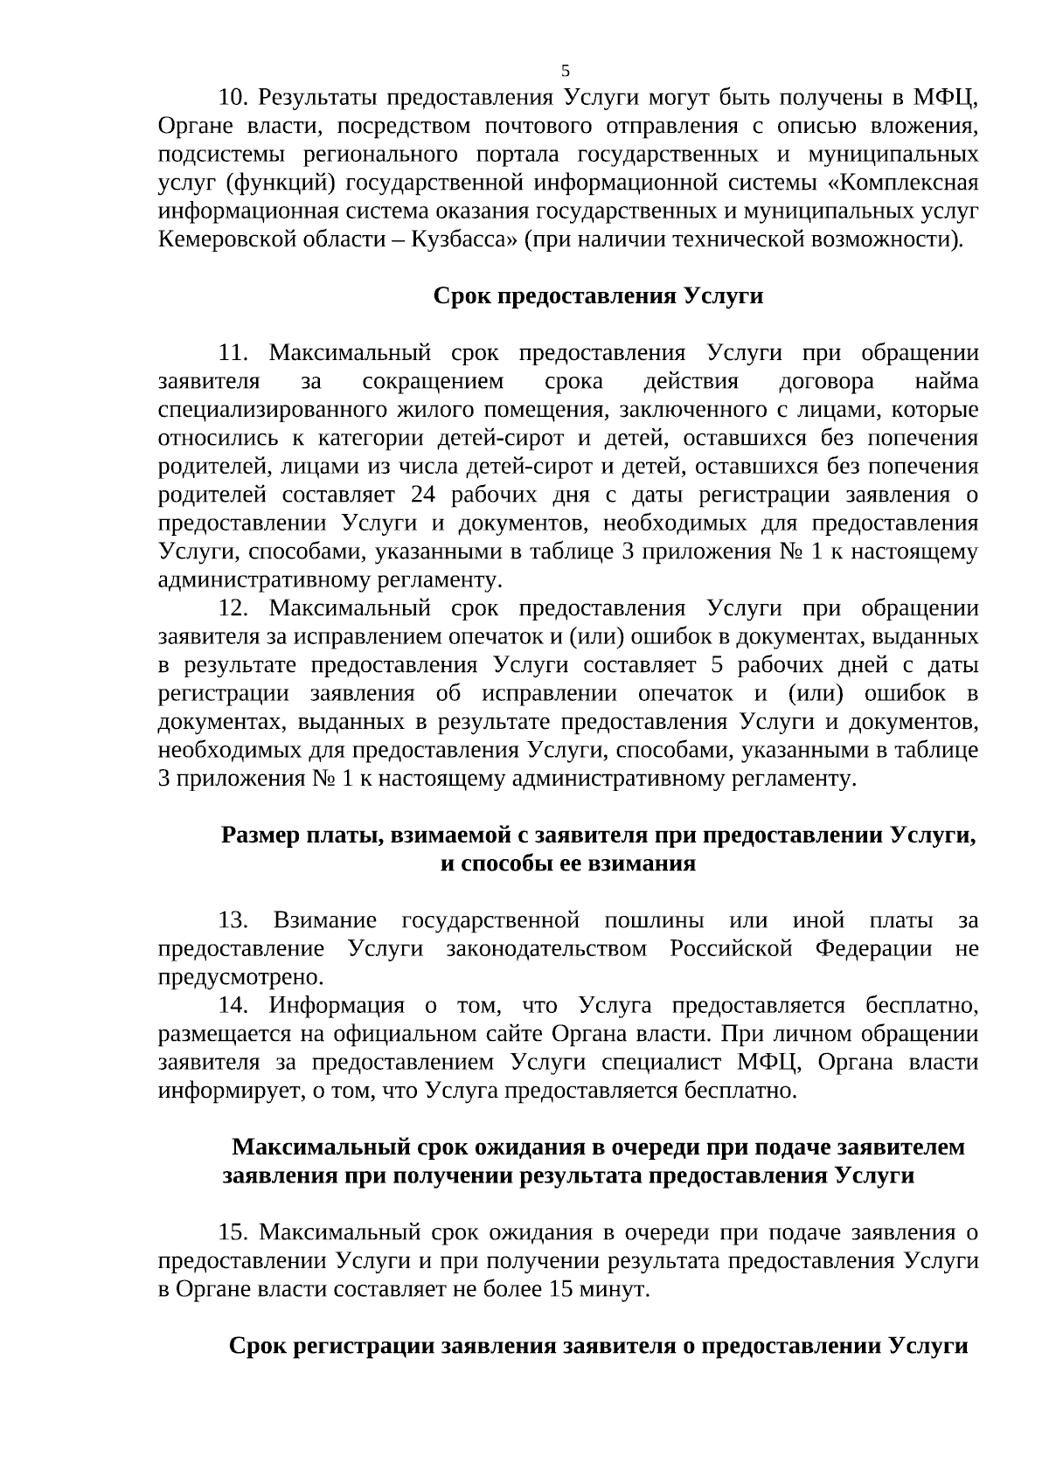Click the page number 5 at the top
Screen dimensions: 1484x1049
coord(565,71)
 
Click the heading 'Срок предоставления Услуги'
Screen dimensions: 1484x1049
coord(598,295)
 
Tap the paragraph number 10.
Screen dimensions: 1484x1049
coord(233,96)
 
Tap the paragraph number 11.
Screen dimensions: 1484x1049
coord(233,352)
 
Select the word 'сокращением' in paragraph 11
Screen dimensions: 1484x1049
coord(433,381)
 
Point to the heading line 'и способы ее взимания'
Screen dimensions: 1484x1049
coord(567,863)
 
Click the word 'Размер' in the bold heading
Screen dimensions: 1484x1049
coord(260,835)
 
